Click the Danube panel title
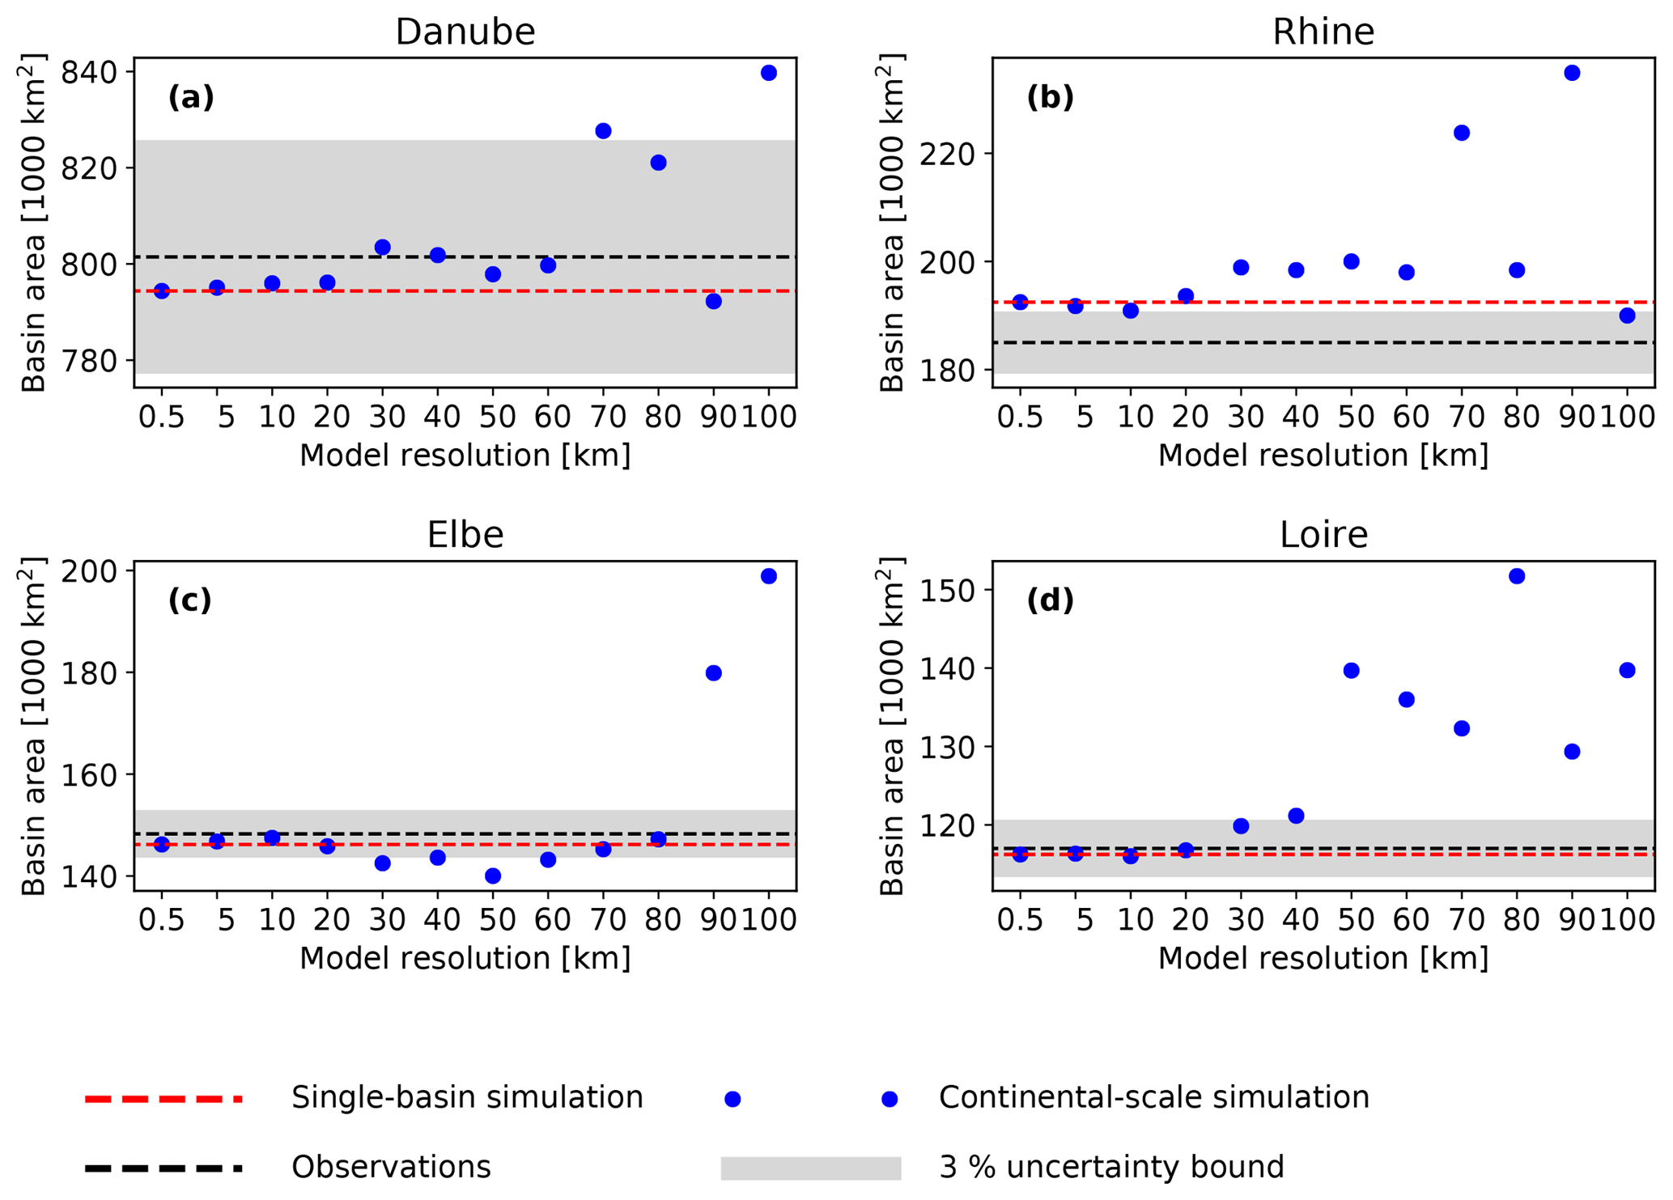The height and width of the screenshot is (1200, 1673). (465, 32)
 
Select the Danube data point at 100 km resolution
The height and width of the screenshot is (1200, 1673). (769, 73)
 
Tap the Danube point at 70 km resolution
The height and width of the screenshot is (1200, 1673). (603, 131)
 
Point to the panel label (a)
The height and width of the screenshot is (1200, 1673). (191, 98)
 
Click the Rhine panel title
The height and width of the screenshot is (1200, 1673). (1323, 32)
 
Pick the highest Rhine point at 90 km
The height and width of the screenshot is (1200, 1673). (1572, 73)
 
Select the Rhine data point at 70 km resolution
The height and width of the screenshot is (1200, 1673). (1462, 133)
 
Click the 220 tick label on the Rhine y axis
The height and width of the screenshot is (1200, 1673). (946, 154)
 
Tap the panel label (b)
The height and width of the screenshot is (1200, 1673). (1050, 98)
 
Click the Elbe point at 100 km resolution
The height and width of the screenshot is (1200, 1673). (769, 576)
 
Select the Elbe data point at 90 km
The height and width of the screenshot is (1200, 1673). (713, 673)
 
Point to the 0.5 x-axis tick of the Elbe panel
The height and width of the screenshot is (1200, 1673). (162, 920)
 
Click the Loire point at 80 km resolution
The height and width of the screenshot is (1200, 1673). (1517, 576)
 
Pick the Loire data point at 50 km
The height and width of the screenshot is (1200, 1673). (1351, 671)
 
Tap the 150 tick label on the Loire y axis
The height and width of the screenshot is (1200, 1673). (946, 590)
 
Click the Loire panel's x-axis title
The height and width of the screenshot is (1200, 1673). (1323, 958)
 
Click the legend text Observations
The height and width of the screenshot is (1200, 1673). (391, 1167)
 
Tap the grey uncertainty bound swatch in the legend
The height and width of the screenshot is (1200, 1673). (811, 1168)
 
